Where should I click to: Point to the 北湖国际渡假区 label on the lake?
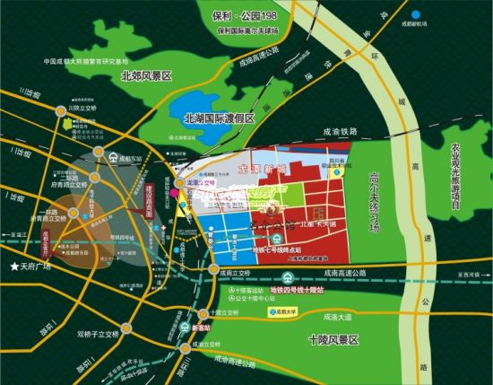tap(219, 118)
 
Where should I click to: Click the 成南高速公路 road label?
tap(341, 273)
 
